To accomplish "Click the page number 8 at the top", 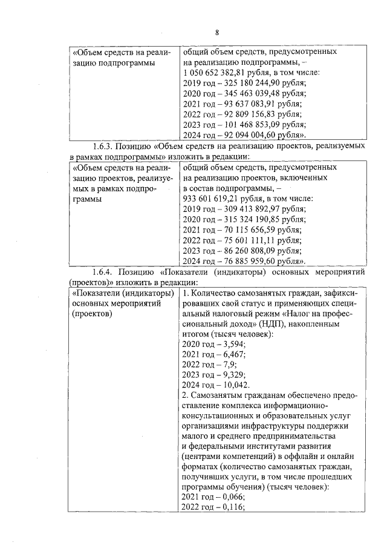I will (216, 32).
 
